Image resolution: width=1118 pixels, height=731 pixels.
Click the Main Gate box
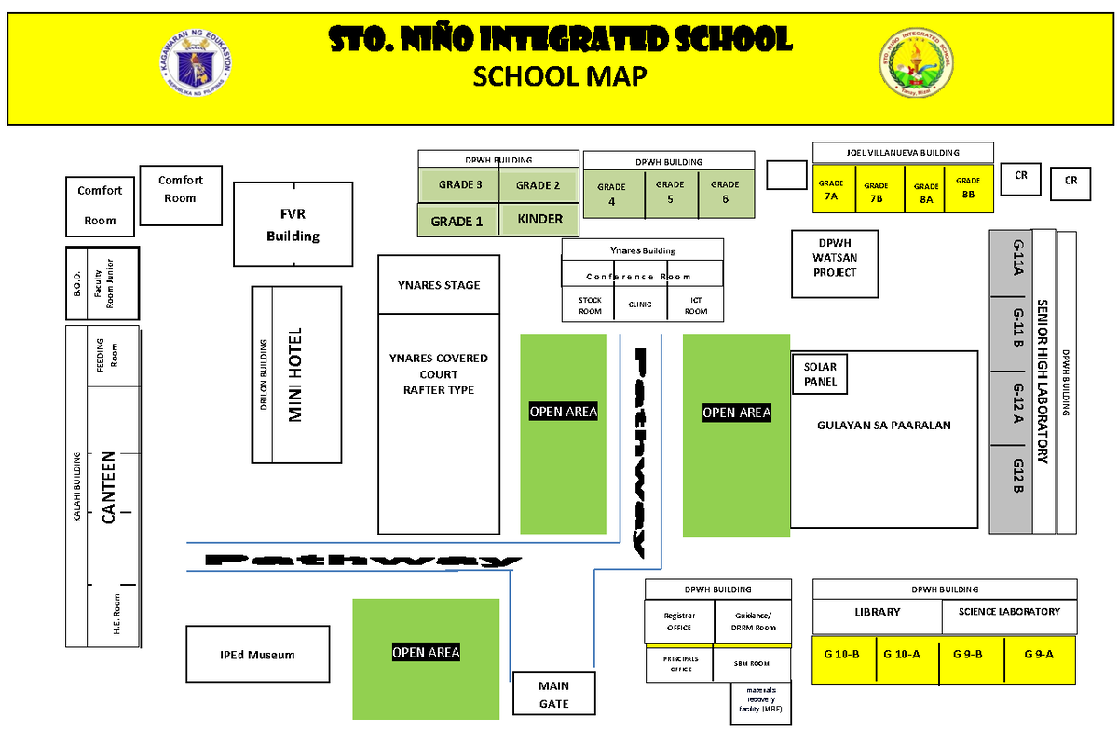pyautogui.click(x=553, y=695)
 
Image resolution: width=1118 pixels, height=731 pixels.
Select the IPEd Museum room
pyautogui.click(x=257, y=654)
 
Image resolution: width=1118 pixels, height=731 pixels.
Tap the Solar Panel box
pyautogui.click(x=820, y=373)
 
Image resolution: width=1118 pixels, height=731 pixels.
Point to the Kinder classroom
pyautogui.click(x=539, y=220)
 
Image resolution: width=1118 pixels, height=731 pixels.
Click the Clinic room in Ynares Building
pyautogui.click(x=640, y=304)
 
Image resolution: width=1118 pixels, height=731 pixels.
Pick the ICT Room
pyautogui.click(x=696, y=305)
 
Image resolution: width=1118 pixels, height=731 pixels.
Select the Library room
pyautogui.click(x=877, y=613)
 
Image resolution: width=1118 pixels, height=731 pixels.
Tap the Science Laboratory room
pyautogui.click(x=1008, y=613)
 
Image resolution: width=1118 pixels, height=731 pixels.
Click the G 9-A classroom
pyautogui.click(x=1038, y=654)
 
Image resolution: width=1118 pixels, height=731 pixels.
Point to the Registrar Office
pyautogui.click(x=679, y=621)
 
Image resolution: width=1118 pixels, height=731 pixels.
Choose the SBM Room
pyautogui.click(x=752, y=663)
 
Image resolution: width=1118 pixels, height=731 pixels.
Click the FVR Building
pyautogui.click(x=293, y=224)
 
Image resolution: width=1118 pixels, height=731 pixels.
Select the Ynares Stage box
pyautogui.click(x=438, y=284)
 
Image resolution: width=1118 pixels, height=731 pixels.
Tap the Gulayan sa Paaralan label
pyautogui.click(x=882, y=426)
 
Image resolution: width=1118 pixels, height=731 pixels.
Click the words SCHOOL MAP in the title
pyautogui.click(x=559, y=76)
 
